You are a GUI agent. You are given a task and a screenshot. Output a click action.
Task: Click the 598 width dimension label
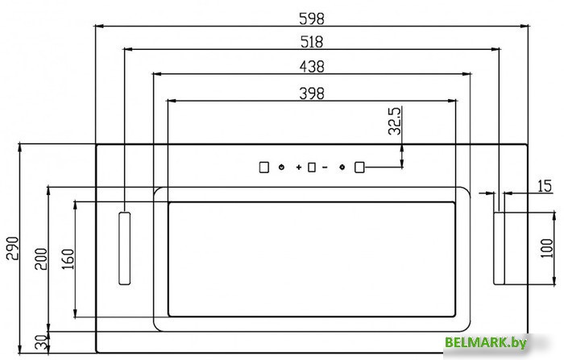tap(312, 19)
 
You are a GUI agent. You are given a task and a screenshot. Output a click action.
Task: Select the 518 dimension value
tap(312, 42)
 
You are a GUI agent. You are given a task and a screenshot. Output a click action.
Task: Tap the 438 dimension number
tap(312, 67)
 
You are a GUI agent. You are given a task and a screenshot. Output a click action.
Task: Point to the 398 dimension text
tap(312, 93)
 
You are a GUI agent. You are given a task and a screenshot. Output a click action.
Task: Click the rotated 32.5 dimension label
tap(395, 121)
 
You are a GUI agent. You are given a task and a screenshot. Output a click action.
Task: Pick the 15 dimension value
tap(544, 186)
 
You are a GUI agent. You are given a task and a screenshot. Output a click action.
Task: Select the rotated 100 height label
tap(546, 248)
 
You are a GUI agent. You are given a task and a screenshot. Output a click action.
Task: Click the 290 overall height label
tap(12, 248)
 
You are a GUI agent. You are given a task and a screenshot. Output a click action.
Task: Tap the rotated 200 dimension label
tap(40, 259)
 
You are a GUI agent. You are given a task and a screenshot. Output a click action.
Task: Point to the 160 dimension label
tap(68, 259)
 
